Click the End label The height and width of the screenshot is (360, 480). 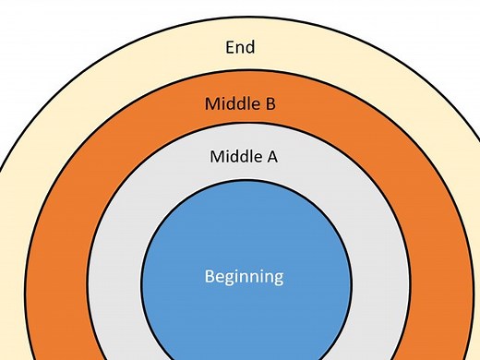[240, 46]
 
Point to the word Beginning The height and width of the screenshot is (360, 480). [244, 276]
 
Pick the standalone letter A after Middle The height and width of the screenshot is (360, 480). [271, 156]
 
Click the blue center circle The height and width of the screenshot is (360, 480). [244, 231]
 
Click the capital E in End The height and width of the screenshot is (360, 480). [229, 46]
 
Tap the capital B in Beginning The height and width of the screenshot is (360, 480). [209, 276]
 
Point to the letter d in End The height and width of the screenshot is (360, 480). [250, 46]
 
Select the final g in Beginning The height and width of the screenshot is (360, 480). [279, 277]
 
